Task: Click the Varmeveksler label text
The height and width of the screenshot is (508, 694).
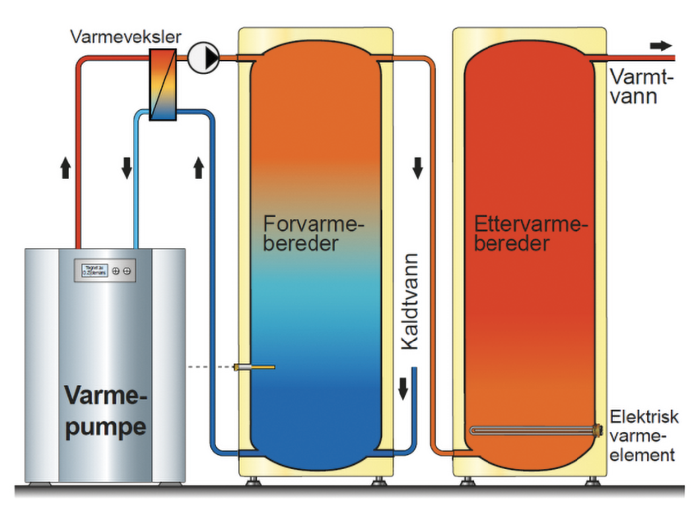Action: coord(125,37)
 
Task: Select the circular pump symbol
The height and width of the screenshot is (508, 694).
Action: coord(203,59)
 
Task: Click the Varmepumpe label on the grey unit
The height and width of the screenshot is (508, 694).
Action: coord(105,412)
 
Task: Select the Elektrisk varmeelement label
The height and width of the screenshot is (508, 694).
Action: coord(644,435)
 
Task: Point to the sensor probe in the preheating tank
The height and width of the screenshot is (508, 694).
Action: coord(254,367)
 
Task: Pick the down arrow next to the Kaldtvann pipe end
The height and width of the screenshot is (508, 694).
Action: coord(403,391)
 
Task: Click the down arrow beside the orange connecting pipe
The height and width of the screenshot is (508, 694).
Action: coord(417,169)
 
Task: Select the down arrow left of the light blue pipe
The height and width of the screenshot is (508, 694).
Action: coord(127,169)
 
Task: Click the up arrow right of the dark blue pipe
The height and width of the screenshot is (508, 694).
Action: coord(198,169)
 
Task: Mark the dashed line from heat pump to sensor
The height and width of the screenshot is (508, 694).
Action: coord(209,367)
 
